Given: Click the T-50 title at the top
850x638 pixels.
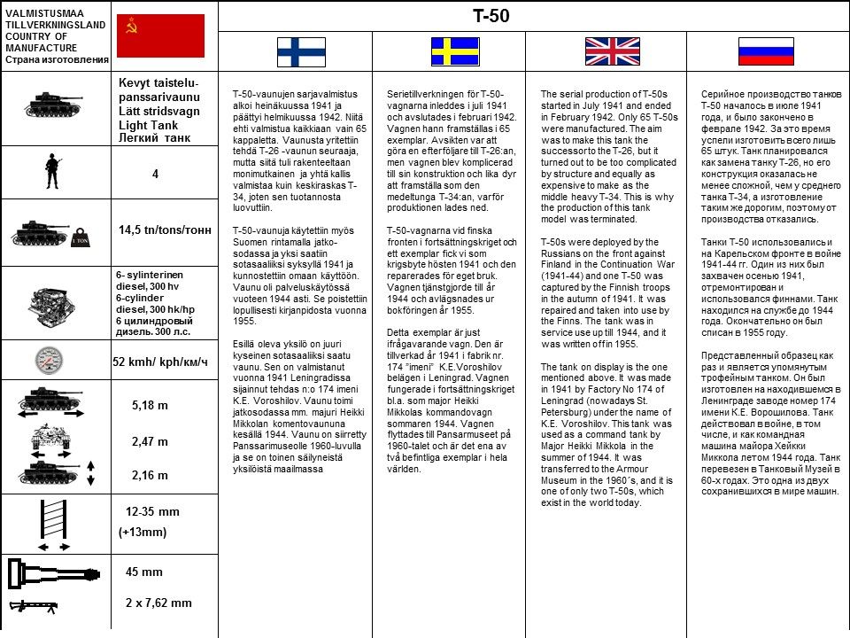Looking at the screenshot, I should pyautogui.click(x=491, y=16).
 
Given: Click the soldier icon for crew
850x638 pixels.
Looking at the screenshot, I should pyautogui.click(x=53, y=171).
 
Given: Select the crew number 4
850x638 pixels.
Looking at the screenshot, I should pyautogui.click(x=155, y=175).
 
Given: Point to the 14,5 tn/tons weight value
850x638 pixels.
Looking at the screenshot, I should pyautogui.click(x=165, y=230).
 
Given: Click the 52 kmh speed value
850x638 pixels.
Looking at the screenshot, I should pyautogui.click(x=160, y=362).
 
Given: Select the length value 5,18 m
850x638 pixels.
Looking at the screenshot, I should pyautogui.click(x=150, y=405).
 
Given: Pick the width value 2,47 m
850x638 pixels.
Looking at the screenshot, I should pyautogui.click(x=150, y=441).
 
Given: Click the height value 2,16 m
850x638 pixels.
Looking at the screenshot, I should pyautogui.click(x=150, y=475).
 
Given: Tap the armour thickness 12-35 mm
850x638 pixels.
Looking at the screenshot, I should pyautogui.click(x=152, y=512).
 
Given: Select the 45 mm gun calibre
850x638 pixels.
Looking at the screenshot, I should pyautogui.click(x=143, y=572).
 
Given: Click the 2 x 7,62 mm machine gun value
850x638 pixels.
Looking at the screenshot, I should pyautogui.click(x=158, y=603).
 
